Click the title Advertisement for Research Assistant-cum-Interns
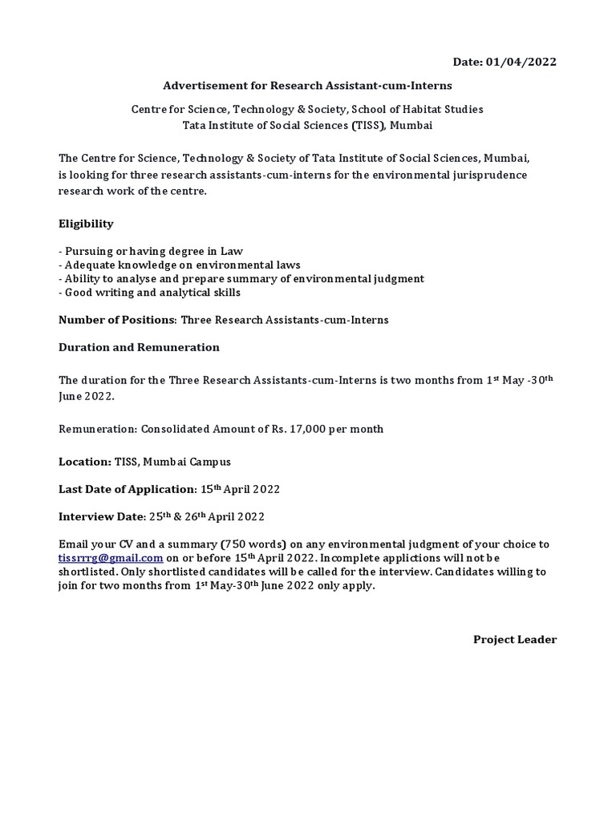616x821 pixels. (309, 85)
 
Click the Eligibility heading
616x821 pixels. (86, 224)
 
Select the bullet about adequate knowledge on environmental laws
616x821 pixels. (180, 265)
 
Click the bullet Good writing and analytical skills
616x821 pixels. (149, 293)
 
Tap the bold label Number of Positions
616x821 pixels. (116, 320)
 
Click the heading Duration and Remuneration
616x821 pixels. (139, 347)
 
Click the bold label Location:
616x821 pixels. (85, 463)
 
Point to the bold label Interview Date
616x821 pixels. (100, 516)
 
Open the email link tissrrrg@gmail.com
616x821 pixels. (111, 558)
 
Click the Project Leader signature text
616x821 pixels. (514, 639)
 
